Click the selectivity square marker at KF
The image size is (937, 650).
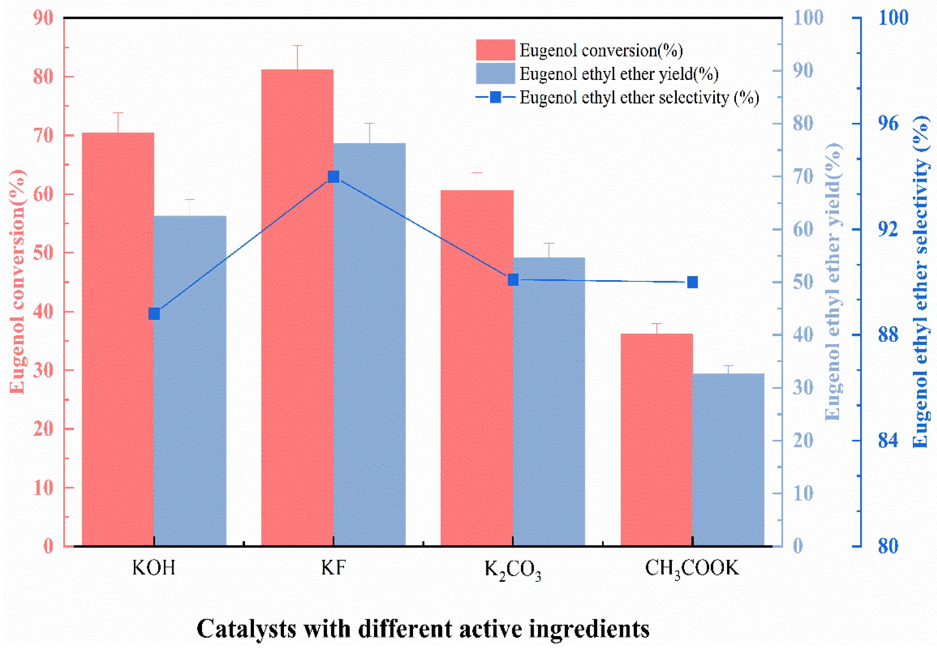point(333,177)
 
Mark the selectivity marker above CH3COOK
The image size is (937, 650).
point(692,282)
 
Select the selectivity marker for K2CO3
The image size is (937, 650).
point(513,280)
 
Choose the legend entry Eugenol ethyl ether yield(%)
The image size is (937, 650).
point(619,74)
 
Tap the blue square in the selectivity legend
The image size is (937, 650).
point(495,97)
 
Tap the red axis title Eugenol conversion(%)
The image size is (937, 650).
point(17,281)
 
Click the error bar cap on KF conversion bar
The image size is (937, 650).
point(297,45)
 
